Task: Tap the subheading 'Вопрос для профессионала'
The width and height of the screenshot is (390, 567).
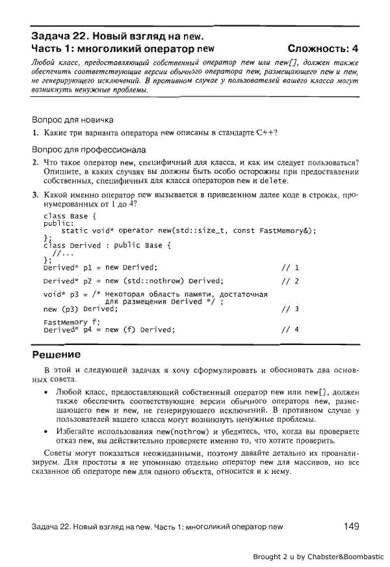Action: tap(88, 149)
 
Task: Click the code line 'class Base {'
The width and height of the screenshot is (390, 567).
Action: tap(70, 215)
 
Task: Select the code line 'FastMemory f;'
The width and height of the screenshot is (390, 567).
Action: tap(72, 322)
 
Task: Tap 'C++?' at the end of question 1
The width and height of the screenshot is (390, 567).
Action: tap(266, 133)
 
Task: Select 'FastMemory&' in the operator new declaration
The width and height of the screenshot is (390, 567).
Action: tap(286, 230)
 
